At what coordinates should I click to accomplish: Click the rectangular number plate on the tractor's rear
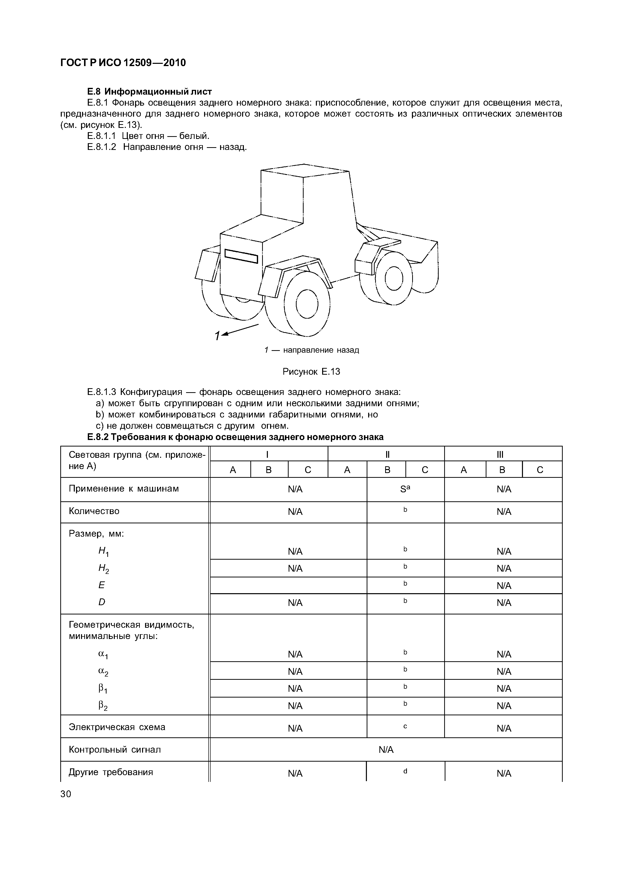point(241,256)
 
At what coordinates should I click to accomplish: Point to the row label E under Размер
point(102,585)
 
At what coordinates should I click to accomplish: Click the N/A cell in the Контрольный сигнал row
point(386,750)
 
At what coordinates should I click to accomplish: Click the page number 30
point(66,794)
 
